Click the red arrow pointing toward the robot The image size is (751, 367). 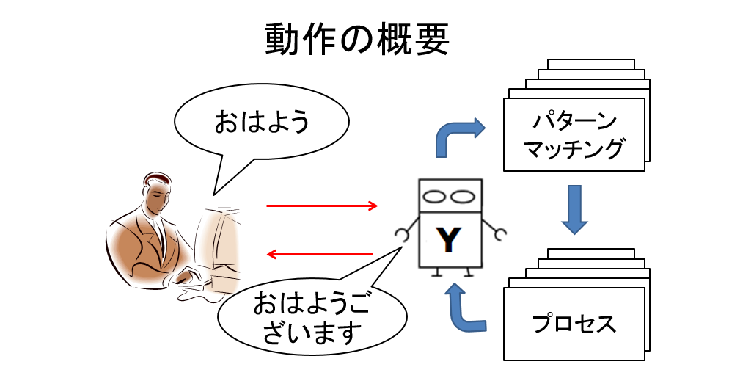point(322,206)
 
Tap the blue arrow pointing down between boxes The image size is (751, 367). point(573,208)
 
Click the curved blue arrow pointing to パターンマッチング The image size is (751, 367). point(459,136)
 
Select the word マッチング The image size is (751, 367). point(573,148)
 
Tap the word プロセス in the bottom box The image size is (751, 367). point(573,323)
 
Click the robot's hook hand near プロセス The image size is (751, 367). point(500,235)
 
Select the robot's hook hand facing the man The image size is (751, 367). point(402,235)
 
